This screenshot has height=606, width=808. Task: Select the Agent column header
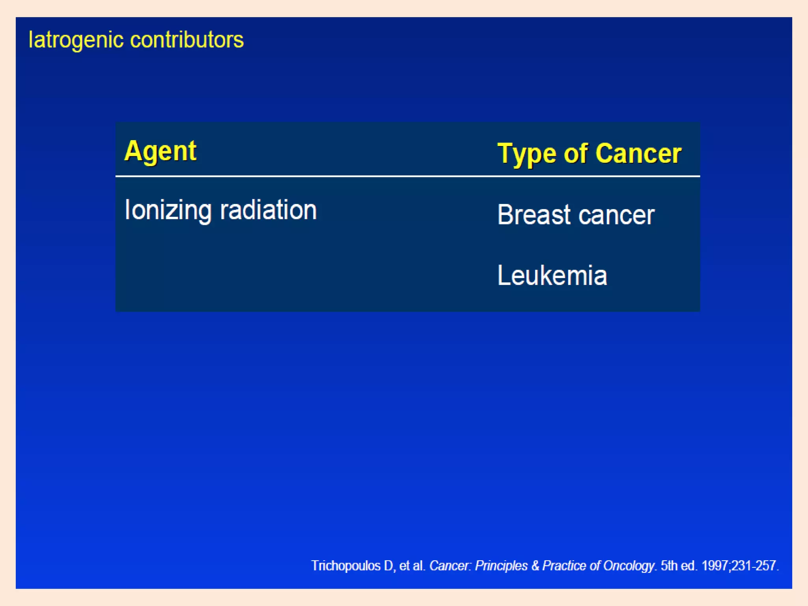[x=160, y=151]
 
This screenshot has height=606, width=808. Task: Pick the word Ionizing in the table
[x=168, y=210]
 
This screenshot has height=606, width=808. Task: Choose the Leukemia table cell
[x=552, y=275]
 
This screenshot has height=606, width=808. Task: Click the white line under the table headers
[x=408, y=176]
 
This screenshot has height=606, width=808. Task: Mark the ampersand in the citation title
[x=535, y=566]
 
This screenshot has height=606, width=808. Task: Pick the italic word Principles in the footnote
[x=501, y=566]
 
